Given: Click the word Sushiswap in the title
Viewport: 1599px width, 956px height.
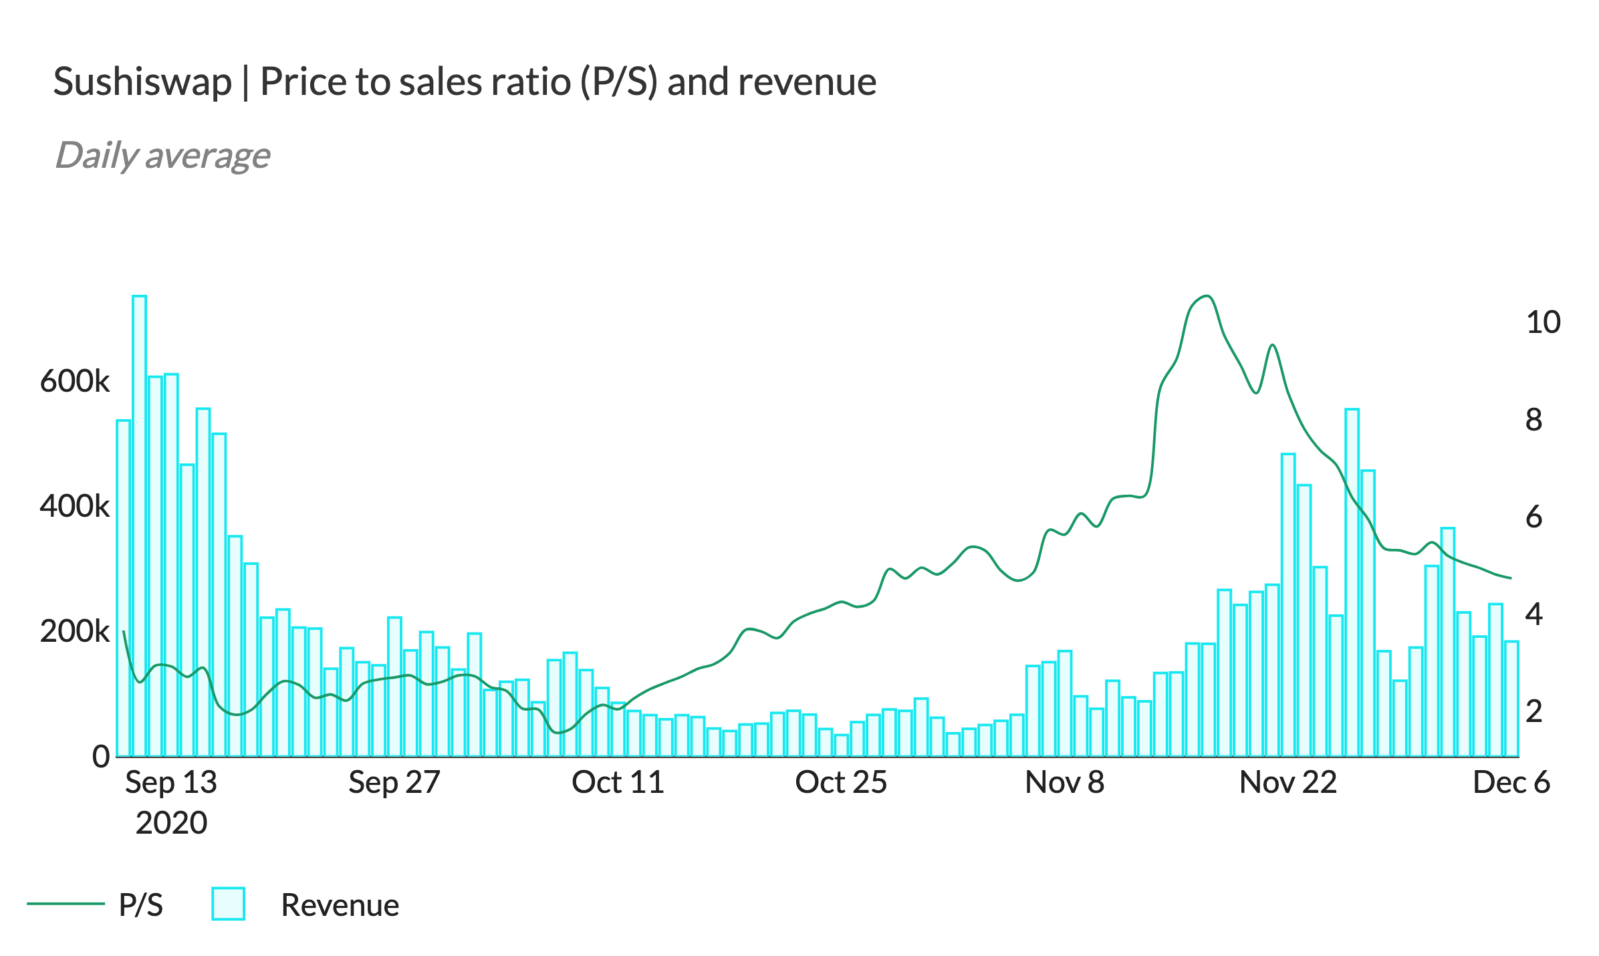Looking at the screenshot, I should (x=142, y=82).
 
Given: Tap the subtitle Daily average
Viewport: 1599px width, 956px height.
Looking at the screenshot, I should (x=162, y=155).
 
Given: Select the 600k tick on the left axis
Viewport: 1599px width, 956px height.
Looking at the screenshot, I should (x=75, y=381).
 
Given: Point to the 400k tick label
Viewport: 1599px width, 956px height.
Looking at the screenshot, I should (x=75, y=506).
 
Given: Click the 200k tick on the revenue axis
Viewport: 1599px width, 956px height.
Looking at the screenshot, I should (x=75, y=631).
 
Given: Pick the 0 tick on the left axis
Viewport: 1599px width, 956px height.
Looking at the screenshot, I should (x=101, y=756).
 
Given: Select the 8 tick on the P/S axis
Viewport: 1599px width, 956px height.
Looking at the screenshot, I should (x=1534, y=420).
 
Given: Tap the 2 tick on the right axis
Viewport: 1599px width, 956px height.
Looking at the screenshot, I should (x=1534, y=711).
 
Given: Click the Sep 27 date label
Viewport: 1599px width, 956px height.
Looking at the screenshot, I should (x=394, y=782).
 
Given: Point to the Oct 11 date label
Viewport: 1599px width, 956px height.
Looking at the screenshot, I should (x=618, y=782).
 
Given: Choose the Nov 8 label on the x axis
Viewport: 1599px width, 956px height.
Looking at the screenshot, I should (x=1064, y=782).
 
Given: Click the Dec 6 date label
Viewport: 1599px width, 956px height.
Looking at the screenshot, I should (x=1511, y=782).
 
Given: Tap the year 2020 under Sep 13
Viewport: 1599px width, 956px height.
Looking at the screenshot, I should (x=171, y=822).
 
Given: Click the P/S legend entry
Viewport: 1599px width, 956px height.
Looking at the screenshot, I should (x=140, y=905).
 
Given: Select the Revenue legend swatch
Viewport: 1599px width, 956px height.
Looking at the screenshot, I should (x=228, y=904).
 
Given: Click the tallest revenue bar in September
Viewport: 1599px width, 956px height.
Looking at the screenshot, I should (x=139, y=525).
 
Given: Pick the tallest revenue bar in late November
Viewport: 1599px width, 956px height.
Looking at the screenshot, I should (x=1352, y=582).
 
